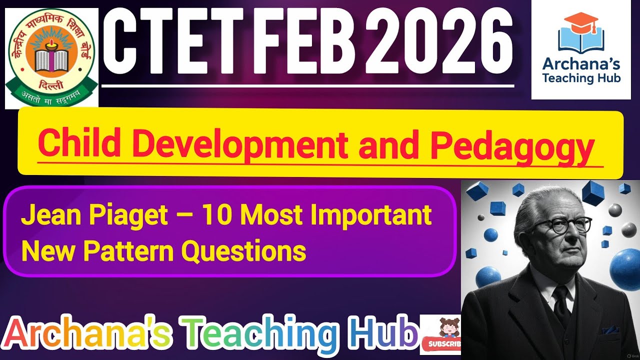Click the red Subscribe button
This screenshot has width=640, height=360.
(440, 344)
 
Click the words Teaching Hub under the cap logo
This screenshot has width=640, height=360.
(581, 78)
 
